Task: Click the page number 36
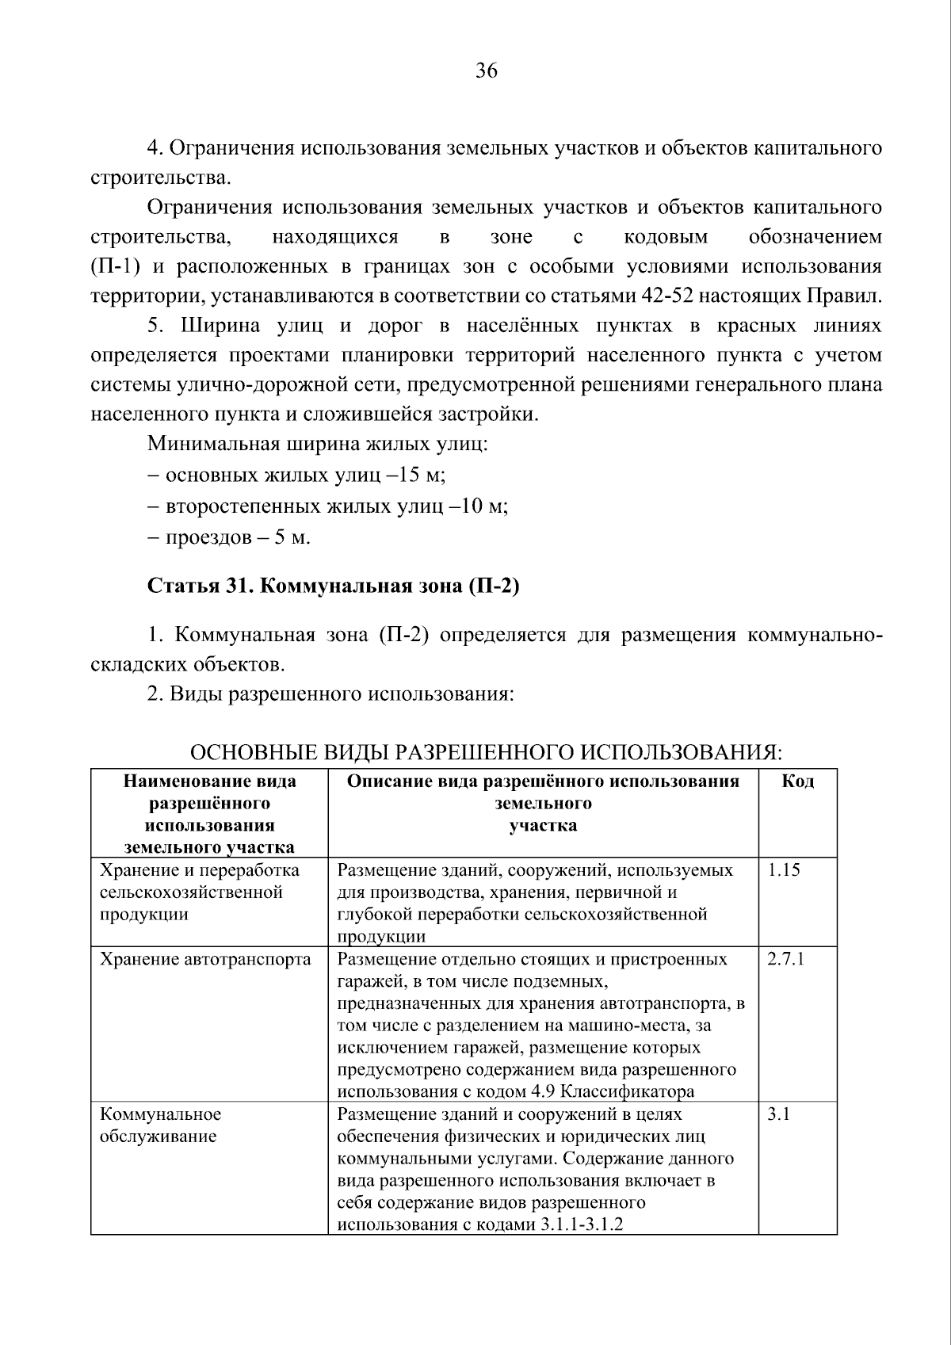[486, 71]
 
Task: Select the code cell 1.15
[784, 870]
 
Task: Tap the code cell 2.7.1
[785, 959]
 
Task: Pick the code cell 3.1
[778, 1114]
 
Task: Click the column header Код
[797, 781]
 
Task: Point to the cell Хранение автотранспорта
[205, 959]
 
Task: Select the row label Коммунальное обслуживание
[160, 1125]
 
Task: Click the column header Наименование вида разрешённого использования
[209, 814]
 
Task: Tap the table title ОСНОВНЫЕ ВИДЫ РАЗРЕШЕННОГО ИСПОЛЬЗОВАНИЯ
[487, 751]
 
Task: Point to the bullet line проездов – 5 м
[229, 537]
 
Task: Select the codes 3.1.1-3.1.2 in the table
[582, 1247]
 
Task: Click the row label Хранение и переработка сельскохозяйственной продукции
[199, 892]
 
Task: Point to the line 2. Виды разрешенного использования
[331, 694]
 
